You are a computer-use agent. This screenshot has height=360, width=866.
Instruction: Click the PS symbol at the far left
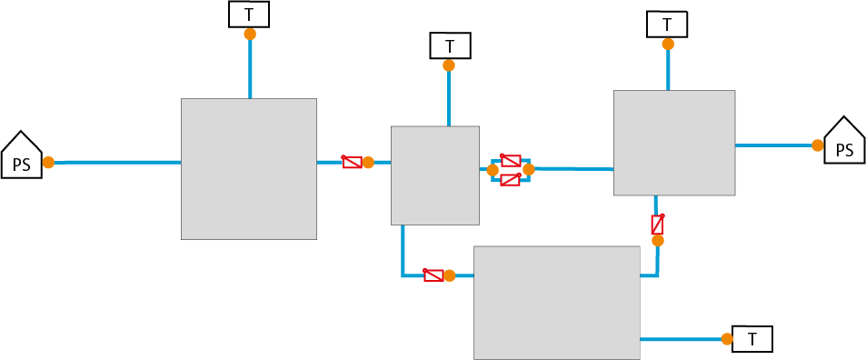(x=21, y=156)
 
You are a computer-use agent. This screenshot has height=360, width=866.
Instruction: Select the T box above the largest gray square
(x=249, y=15)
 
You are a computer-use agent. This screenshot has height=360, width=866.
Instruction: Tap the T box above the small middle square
(x=449, y=45)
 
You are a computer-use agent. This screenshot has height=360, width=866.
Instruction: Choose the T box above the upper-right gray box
(x=668, y=25)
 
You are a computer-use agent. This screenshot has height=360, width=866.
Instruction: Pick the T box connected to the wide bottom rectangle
(x=752, y=339)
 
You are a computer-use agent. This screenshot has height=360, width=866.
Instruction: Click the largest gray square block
(x=249, y=169)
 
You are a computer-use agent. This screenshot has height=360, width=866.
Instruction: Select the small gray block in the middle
(x=434, y=175)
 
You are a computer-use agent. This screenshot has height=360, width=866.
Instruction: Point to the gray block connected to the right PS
(x=673, y=143)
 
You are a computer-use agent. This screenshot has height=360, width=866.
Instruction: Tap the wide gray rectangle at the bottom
(x=557, y=302)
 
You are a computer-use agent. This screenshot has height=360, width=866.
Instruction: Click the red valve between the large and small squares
(x=352, y=162)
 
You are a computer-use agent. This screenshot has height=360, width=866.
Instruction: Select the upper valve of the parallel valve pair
(x=511, y=160)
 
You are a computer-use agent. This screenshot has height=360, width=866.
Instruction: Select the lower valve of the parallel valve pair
(x=510, y=179)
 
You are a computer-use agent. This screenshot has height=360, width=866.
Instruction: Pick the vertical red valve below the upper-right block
(x=657, y=224)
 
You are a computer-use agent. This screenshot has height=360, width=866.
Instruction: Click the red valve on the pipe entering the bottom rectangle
(x=433, y=275)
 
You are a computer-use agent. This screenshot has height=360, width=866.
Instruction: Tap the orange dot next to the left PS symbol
(x=48, y=163)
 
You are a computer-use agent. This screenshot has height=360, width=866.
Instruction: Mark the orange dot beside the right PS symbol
(x=818, y=145)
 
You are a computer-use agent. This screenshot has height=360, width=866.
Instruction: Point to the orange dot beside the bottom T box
(x=727, y=339)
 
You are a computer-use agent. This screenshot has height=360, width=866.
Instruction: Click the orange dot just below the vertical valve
(x=658, y=241)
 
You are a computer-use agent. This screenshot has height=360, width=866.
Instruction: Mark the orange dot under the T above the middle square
(x=449, y=65)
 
